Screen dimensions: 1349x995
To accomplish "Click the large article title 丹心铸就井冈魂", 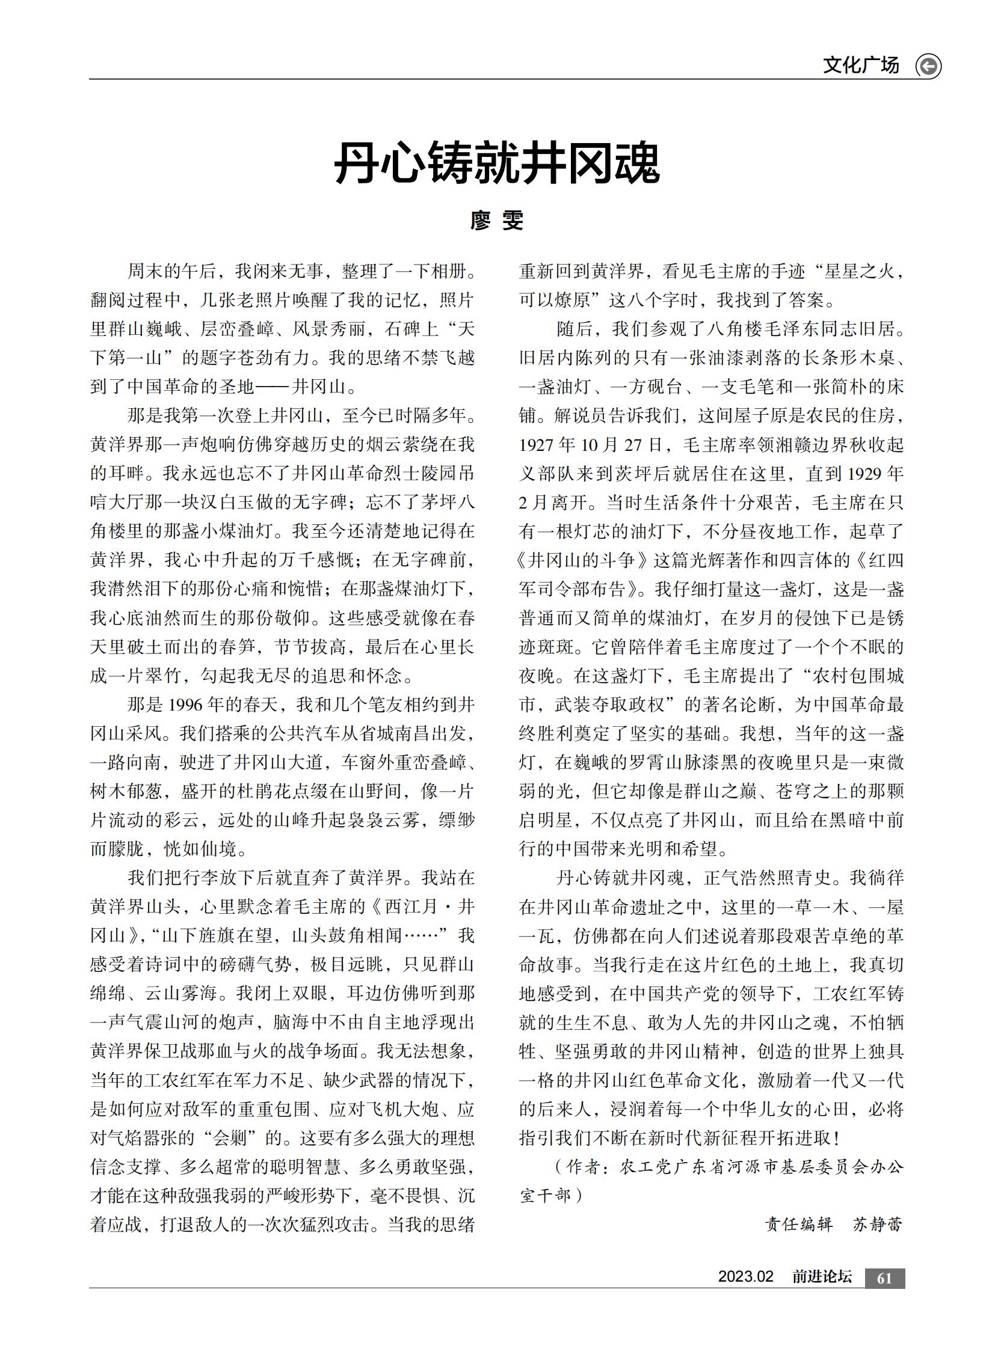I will point(497,164).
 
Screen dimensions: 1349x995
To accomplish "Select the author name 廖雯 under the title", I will point(497,221).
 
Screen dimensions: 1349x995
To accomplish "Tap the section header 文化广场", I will point(861,65).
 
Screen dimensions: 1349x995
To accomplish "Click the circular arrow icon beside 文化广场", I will point(928,66).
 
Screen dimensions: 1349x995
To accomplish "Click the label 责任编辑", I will point(799,1225).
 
